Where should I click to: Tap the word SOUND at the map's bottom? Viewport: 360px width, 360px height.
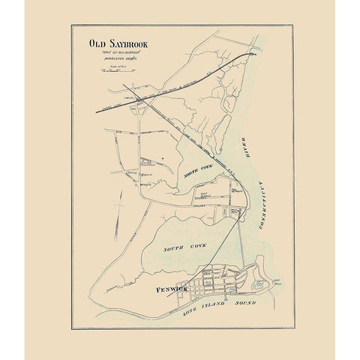tap(244, 302)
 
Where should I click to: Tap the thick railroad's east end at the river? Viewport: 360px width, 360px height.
tap(255, 53)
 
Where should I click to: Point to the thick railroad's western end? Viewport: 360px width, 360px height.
tap(96, 111)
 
